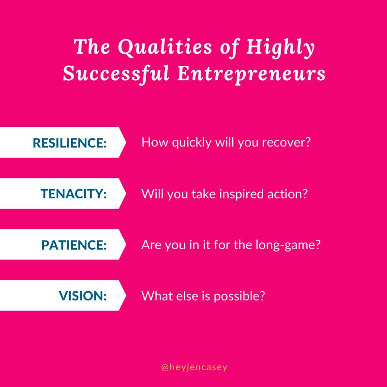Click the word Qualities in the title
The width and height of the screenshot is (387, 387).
(x=164, y=47)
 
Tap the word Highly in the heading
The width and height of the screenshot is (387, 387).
(x=281, y=48)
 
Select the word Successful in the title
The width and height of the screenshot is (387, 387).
(x=116, y=74)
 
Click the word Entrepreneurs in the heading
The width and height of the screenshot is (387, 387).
(x=251, y=74)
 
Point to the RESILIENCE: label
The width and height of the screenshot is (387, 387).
(x=70, y=143)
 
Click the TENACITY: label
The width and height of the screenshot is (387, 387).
(x=74, y=193)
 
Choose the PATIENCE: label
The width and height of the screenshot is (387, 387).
(x=74, y=245)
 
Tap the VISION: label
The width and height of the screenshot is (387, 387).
(x=83, y=296)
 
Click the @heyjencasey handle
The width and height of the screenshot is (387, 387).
(x=194, y=367)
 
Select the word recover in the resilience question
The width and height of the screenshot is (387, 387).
(x=283, y=143)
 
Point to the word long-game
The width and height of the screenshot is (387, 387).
(x=285, y=245)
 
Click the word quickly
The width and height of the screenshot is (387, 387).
(x=192, y=143)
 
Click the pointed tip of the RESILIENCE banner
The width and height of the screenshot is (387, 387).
(x=126, y=142)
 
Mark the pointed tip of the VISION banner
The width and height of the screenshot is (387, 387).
(x=126, y=296)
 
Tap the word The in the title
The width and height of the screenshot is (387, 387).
(x=91, y=46)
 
